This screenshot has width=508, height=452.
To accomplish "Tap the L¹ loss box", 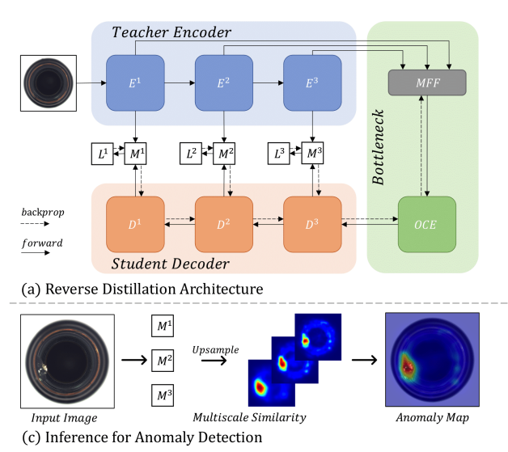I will click(103, 154).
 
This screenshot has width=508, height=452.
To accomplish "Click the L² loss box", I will click(192, 154).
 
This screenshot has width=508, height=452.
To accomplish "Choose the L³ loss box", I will click(281, 154).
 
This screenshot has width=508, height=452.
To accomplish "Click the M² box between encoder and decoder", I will click(224, 154).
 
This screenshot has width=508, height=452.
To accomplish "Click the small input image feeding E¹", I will click(49, 82).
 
